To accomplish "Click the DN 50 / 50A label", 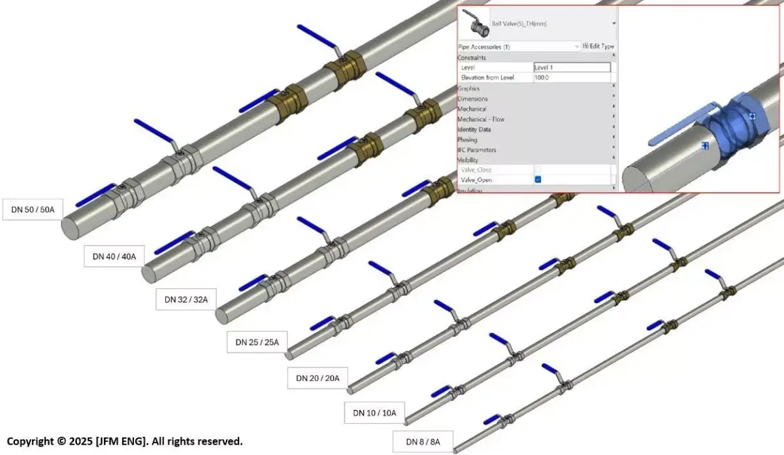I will point(33,209).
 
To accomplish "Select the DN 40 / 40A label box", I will point(114,256).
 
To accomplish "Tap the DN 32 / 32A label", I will point(186,299).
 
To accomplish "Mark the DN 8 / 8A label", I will point(423,442).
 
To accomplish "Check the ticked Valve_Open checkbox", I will point(538,180).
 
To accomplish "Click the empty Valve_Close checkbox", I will point(538,170).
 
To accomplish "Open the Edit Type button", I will point(598,46).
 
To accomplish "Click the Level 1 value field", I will point(572,67).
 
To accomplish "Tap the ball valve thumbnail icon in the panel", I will point(474,24).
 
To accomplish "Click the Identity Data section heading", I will point(474,129).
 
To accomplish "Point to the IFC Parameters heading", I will point(477,150).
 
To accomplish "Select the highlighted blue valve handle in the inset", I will point(679,128).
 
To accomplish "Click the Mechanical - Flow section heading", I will point(481,119).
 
